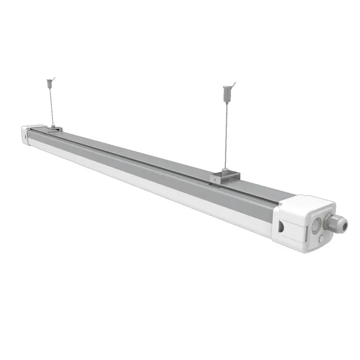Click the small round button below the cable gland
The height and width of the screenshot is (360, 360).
pyautogui.click(x=322, y=238)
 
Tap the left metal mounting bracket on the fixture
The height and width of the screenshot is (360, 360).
pyautogui.click(x=53, y=130)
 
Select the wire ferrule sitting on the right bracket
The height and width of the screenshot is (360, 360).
pyautogui.click(x=226, y=170)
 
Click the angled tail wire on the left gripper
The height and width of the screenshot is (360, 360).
pyautogui.click(x=53, y=78)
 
